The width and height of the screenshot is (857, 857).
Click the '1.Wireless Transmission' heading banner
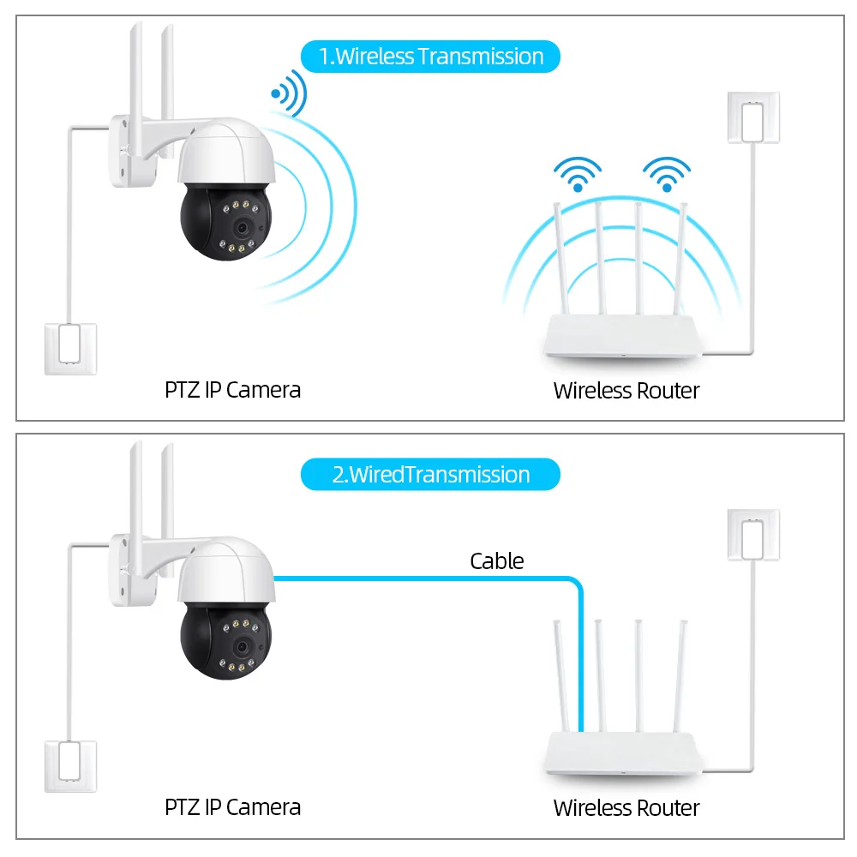430,57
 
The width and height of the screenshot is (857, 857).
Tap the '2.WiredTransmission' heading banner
430,475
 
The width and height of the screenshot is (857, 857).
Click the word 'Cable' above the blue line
496,561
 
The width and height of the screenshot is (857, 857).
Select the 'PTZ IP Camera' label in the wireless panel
232,390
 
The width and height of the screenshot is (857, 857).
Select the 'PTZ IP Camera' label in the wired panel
232,807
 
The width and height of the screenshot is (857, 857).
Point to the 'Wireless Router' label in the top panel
626,391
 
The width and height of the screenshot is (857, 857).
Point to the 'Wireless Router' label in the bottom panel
626,808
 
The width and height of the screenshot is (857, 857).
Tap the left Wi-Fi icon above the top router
577,174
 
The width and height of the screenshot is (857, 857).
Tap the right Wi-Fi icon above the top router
666,174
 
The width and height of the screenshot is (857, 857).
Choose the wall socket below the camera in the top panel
70,348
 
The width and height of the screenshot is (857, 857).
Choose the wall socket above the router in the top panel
753,117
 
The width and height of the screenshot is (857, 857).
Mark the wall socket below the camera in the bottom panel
70,766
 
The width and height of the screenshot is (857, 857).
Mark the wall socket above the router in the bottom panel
753,536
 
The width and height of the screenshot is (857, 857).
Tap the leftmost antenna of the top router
561,257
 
